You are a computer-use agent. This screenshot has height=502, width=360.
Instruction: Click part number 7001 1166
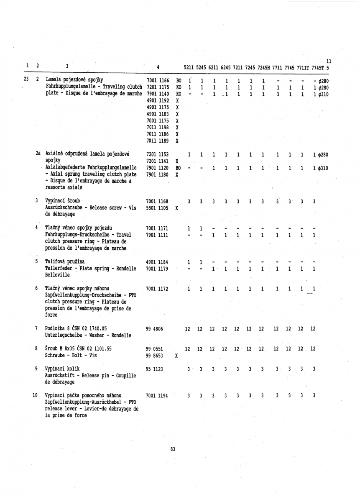[x=158, y=79]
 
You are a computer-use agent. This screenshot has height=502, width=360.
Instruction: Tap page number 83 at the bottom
[x=173, y=449]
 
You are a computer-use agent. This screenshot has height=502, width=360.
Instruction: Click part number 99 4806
[x=154, y=329]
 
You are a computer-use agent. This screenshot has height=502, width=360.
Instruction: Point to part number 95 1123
[x=154, y=369]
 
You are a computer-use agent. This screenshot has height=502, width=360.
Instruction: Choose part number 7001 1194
[x=158, y=395]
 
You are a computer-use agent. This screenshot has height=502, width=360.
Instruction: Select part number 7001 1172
[x=158, y=289]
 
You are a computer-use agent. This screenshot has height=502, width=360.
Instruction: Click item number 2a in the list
[x=38, y=154]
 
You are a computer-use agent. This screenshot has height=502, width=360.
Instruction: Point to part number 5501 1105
[x=158, y=208]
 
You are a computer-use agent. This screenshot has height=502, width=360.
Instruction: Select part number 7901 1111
[x=158, y=236]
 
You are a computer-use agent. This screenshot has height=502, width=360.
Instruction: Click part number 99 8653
[x=154, y=355]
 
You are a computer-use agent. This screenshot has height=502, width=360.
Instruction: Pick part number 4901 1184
[x=158, y=262]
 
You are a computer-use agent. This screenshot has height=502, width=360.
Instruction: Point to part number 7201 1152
[x=158, y=154]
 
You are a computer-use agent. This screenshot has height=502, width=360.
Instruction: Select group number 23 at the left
[x=26, y=79]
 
